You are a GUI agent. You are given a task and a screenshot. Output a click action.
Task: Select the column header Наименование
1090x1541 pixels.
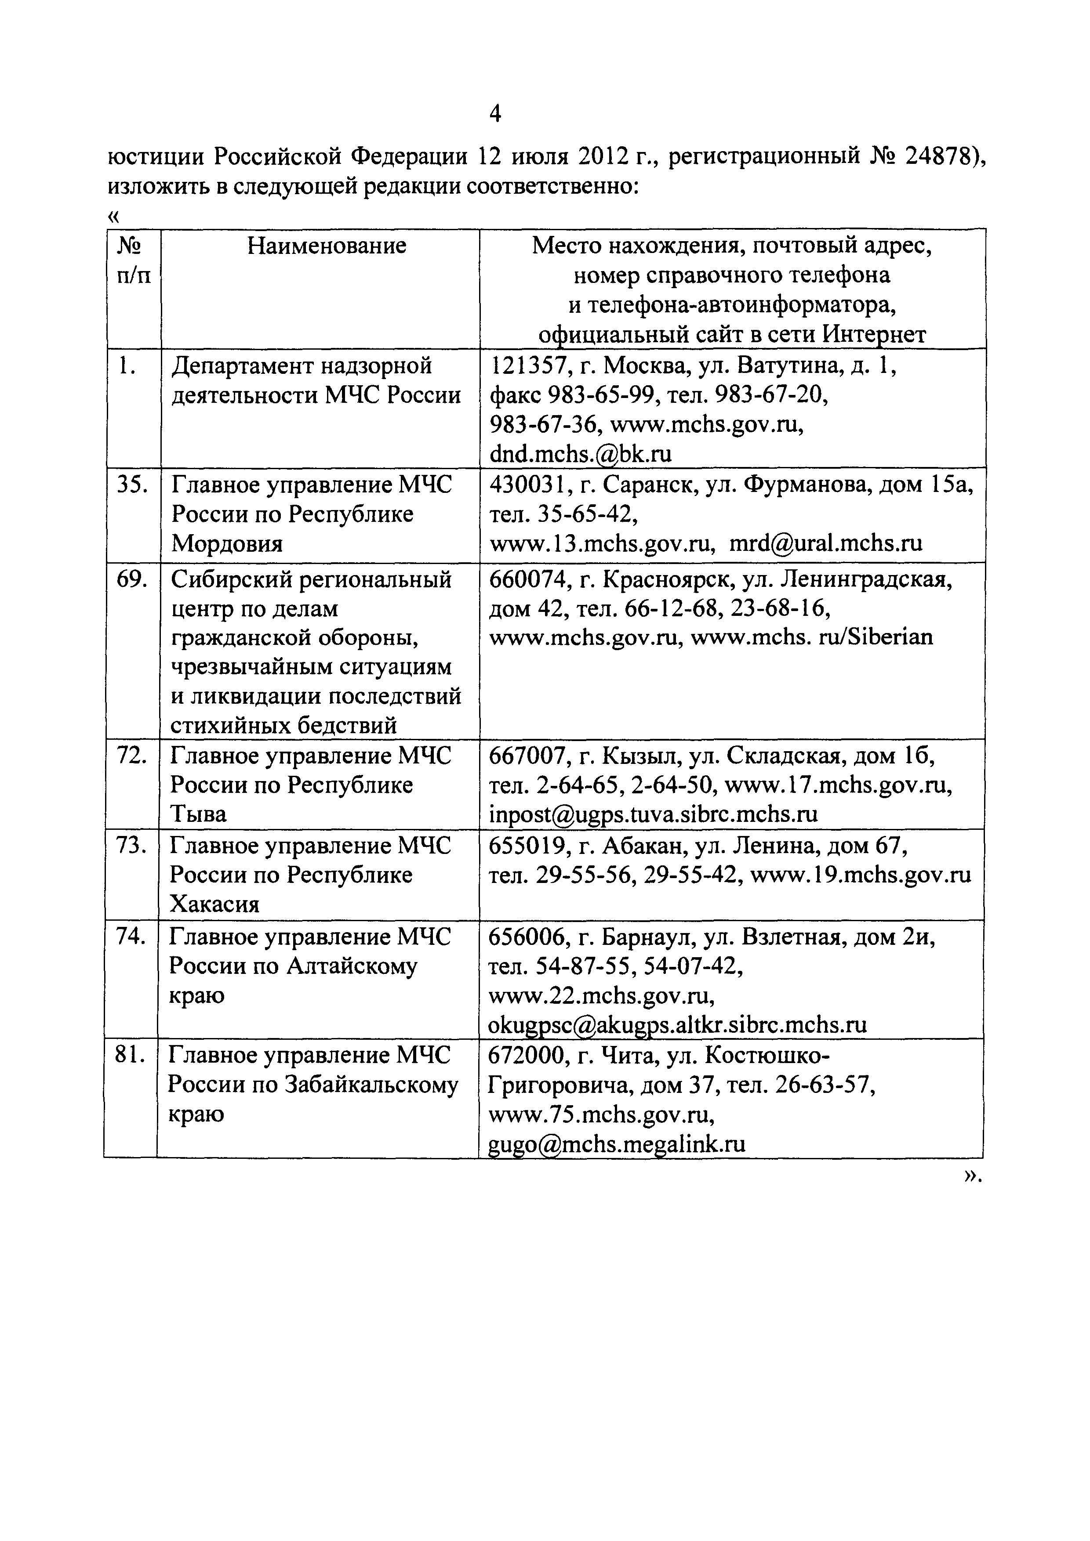click(327, 246)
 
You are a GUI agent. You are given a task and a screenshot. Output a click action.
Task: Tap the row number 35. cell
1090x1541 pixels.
click(132, 485)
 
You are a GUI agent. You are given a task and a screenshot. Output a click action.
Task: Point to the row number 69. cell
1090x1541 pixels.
click(132, 579)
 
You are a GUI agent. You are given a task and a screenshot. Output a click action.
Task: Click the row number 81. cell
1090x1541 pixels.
click(130, 1055)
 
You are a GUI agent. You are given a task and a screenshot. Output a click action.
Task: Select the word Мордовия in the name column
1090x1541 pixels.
click(226, 543)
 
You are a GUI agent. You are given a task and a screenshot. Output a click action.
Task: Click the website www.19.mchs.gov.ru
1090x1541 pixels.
click(860, 875)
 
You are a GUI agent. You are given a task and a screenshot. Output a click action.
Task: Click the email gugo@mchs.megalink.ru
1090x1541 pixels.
click(617, 1143)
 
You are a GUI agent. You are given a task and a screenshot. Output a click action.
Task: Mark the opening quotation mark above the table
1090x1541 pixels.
click(113, 216)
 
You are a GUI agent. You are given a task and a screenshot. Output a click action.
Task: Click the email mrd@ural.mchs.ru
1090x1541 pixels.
click(825, 543)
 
